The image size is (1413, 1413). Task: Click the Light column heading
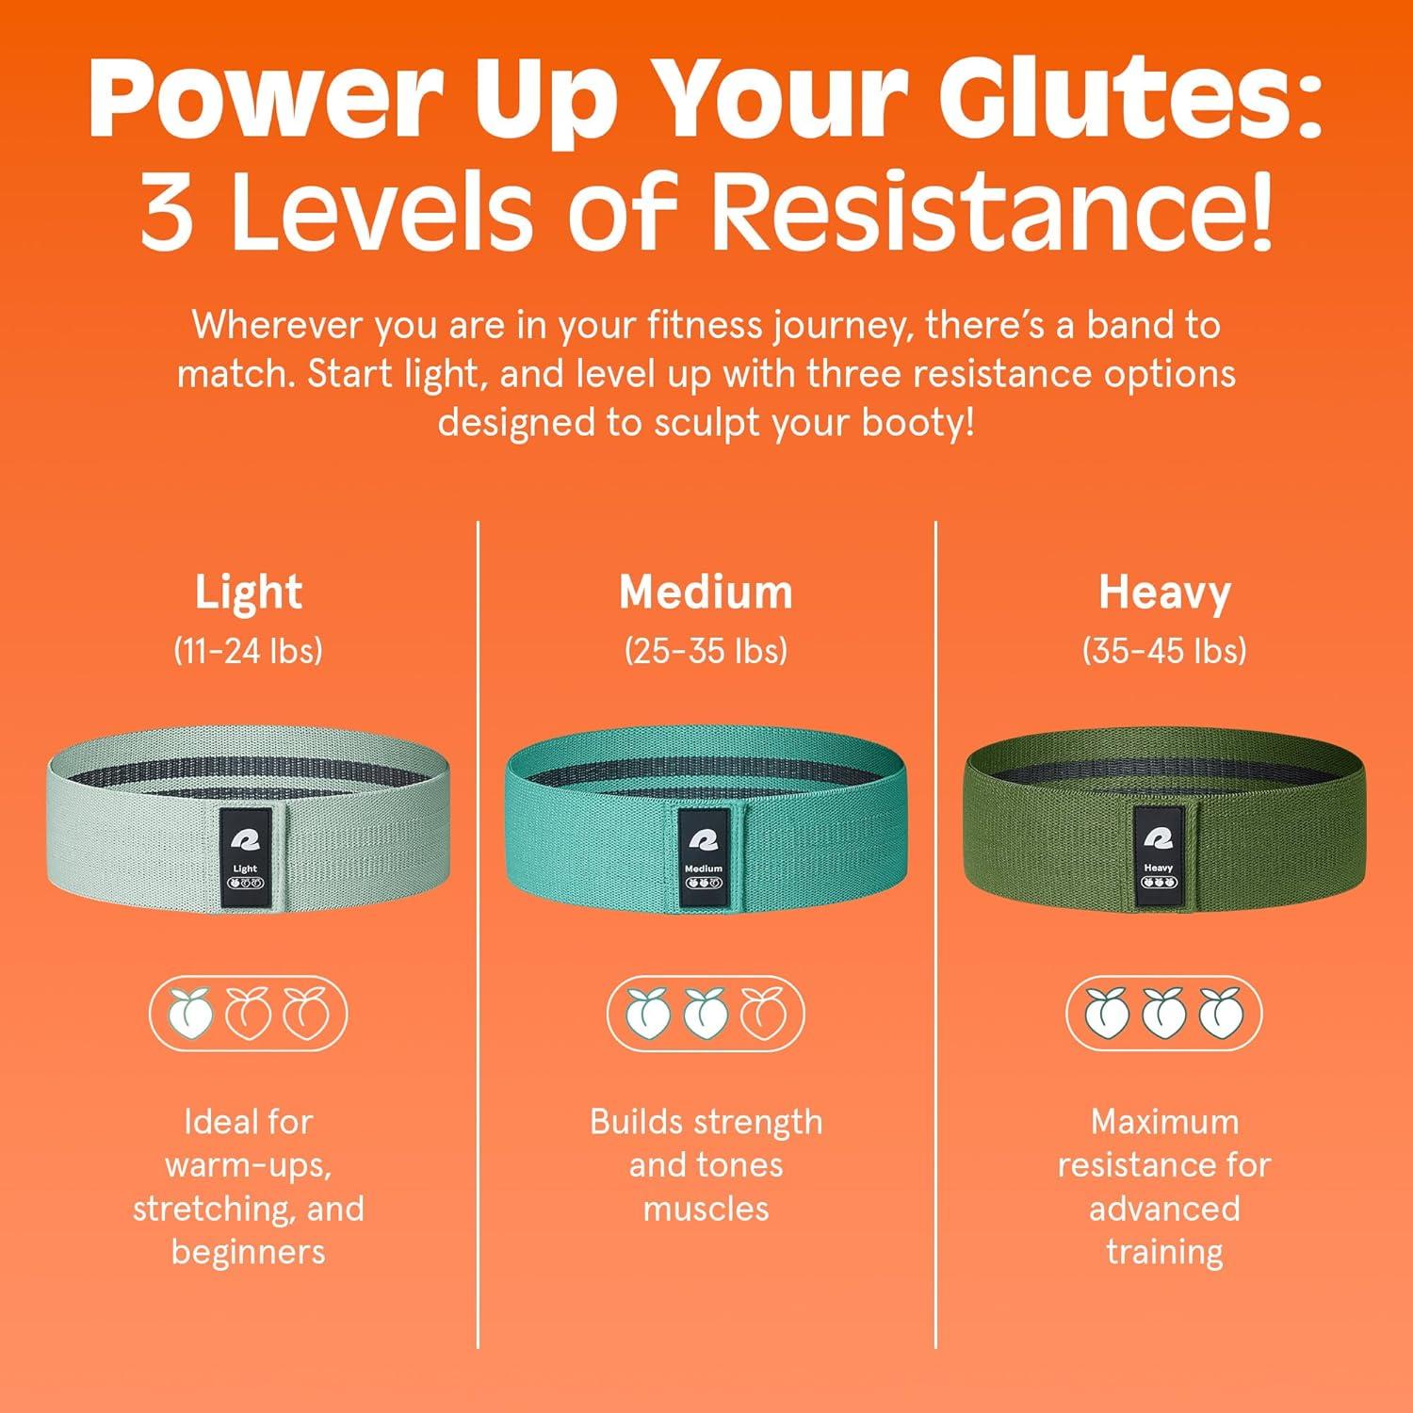[x=248, y=593]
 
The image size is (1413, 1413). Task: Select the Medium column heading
[x=706, y=593]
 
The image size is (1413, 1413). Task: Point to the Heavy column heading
[x=1164, y=593]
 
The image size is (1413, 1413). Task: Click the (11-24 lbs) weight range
[x=248, y=650]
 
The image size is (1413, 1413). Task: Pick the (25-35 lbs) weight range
[x=706, y=650]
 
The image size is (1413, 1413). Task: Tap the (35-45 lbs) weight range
[x=1164, y=650]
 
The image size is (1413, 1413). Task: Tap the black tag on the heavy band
[x=1159, y=855]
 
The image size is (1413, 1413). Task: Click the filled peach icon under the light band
[x=192, y=1014]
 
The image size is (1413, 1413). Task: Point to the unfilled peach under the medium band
[x=763, y=1014]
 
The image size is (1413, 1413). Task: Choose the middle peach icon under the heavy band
[x=1164, y=1014]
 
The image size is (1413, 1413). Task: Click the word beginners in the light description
[x=248, y=1252]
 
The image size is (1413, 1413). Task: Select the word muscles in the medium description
[x=706, y=1209]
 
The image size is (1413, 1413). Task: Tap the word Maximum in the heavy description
[x=1164, y=1122]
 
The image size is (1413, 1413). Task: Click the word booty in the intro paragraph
[x=915, y=423]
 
